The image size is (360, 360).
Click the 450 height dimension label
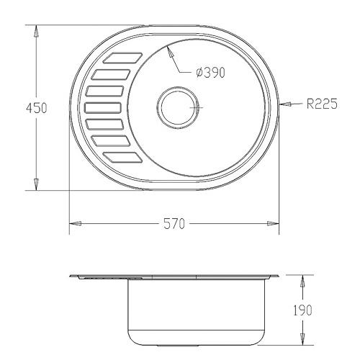pyautogui.click(x=37, y=108)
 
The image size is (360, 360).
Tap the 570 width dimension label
pyautogui.click(x=174, y=224)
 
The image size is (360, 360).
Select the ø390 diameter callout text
pyautogui.click(x=210, y=73)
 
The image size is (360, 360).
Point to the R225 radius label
pyautogui.click(x=322, y=104)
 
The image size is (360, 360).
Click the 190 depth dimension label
pyautogui.click(x=302, y=310)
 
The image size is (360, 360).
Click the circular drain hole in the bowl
pyautogui.click(x=178, y=107)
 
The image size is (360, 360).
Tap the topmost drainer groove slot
pyautogui.click(x=122, y=58)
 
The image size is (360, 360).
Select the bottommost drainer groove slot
pyautogui.click(x=122, y=158)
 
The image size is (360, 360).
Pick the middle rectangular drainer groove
pyautogui.click(x=103, y=108)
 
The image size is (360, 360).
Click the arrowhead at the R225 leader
pyautogui.click(x=285, y=104)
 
